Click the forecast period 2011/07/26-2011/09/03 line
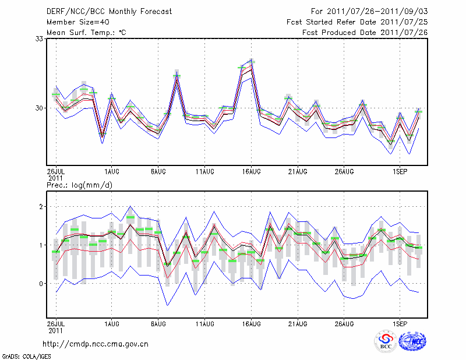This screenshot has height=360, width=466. (x=369, y=12)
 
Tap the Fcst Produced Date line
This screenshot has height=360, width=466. (x=365, y=33)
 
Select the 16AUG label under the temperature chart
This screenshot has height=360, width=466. (x=251, y=172)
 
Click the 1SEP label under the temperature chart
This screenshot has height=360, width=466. (x=400, y=172)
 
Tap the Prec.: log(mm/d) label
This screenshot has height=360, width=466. (x=79, y=185)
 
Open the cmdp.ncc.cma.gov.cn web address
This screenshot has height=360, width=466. (x=96, y=344)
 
